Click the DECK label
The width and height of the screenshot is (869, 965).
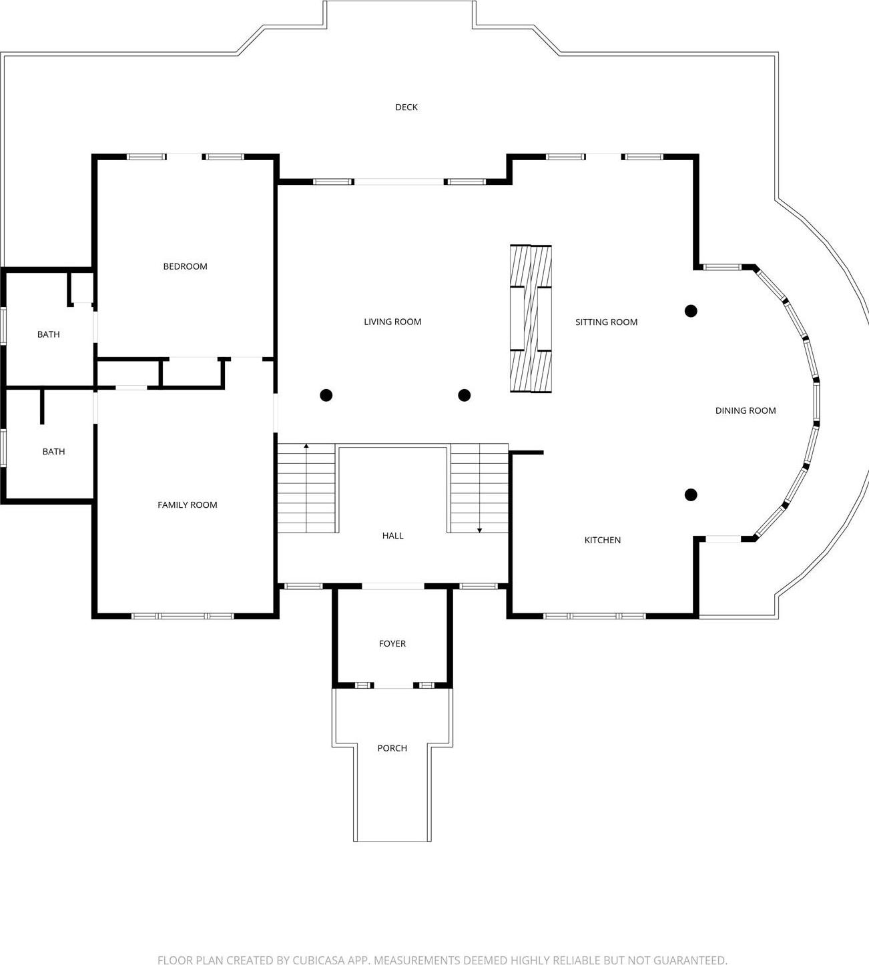406,107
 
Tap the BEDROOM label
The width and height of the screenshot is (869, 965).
186,266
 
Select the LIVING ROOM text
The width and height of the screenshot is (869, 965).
392,322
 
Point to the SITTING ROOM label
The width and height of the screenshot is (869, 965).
606,322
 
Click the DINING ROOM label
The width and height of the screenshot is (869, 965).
746,411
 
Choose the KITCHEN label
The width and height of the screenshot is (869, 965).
603,541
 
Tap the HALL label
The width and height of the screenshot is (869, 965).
392,536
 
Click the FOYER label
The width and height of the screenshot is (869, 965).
392,643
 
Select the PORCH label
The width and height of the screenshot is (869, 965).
392,748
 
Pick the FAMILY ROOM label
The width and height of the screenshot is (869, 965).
187,505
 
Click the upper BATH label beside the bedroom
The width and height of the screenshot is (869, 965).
49,334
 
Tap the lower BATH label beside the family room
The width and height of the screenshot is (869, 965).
53,452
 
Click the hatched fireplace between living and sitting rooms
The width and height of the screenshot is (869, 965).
531,318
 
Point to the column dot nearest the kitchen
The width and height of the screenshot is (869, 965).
691,495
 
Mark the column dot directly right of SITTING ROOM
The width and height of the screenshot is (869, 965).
691,311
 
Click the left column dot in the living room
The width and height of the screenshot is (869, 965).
326,395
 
